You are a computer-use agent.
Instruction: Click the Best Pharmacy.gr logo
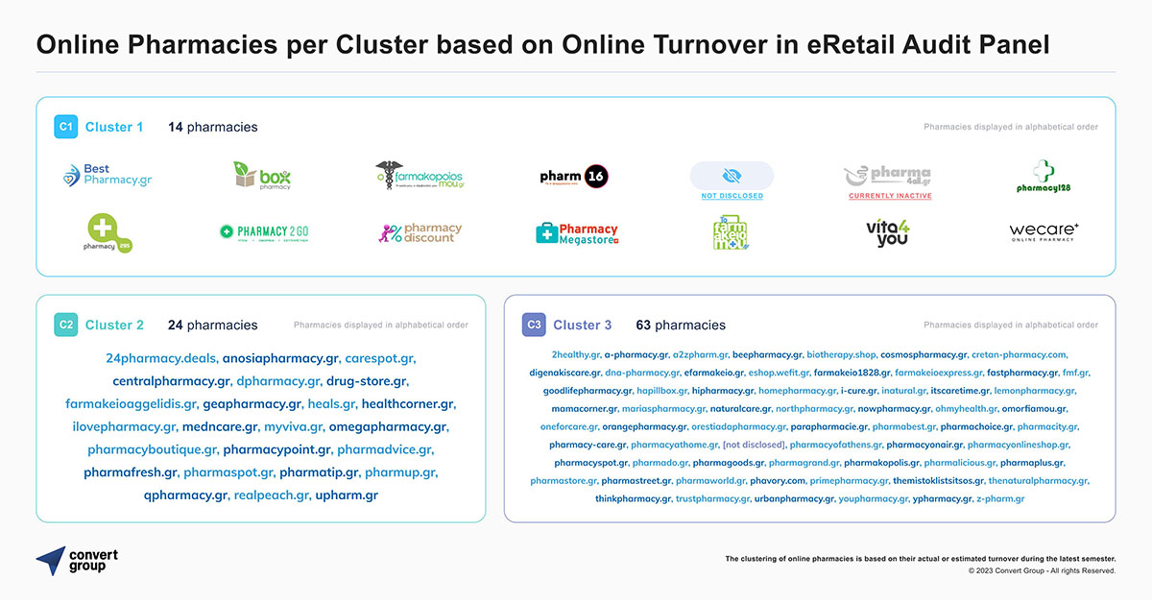pos(107,176)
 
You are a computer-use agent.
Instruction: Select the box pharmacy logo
pos(262,176)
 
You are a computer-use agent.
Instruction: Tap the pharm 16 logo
pos(574,176)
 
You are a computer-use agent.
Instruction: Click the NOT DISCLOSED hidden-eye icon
pos(732,175)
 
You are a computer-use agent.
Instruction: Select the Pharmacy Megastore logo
pos(576,233)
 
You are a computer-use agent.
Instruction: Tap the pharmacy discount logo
pos(420,233)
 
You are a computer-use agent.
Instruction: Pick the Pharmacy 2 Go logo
pos(263,232)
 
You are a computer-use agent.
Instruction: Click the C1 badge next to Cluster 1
pos(65,127)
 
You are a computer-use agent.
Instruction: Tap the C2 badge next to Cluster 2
pos(65,325)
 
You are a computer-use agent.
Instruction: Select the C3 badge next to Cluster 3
pos(534,325)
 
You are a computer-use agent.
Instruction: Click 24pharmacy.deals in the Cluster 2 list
pos(161,358)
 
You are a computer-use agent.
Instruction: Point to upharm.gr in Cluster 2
pos(347,495)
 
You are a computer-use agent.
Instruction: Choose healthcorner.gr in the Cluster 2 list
pos(408,404)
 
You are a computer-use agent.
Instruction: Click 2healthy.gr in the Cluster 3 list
pos(576,354)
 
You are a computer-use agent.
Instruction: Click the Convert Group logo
pos(77,561)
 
